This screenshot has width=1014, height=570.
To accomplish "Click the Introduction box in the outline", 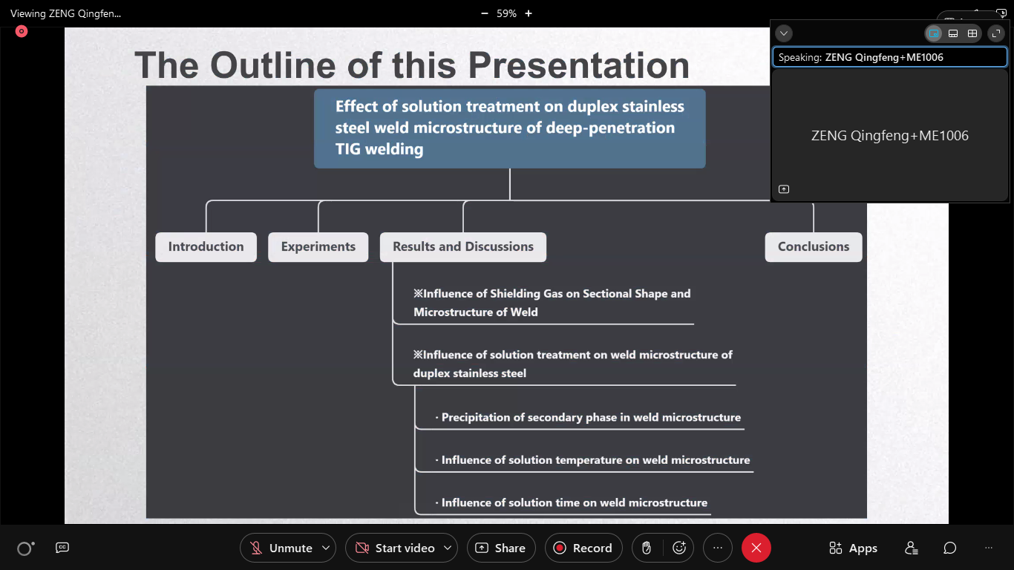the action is pyautogui.click(x=206, y=246).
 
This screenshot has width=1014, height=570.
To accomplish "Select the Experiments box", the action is pyautogui.click(x=318, y=246).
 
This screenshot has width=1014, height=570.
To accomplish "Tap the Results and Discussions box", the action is pyautogui.click(x=463, y=246).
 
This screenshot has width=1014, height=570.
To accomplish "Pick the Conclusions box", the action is pyautogui.click(x=814, y=246).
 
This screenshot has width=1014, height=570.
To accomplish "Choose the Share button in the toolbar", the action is pyautogui.click(x=501, y=548).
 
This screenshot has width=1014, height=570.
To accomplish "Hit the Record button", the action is pyautogui.click(x=583, y=548).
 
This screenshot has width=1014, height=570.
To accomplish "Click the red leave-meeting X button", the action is pyautogui.click(x=756, y=548).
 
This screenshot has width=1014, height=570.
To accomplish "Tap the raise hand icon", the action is pyautogui.click(x=647, y=548).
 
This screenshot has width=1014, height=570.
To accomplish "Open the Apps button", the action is pyautogui.click(x=854, y=548).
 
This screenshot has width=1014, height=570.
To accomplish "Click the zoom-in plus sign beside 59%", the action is pyautogui.click(x=529, y=13).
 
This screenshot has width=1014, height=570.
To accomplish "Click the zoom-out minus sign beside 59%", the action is pyautogui.click(x=485, y=13).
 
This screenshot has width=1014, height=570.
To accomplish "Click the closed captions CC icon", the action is pyautogui.click(x=62, y=548).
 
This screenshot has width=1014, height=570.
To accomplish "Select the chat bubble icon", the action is pyautogui.click(x=949, y=548).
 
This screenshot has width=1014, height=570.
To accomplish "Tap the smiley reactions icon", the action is pyautogui.click(x=679, y=548).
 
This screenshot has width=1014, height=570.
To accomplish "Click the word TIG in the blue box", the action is pyautogui.click(x=348, y=149).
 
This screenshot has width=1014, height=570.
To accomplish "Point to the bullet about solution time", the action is pyautogui.click(x=572, y=502).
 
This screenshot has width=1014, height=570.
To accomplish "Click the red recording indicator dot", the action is pyautogui.click(x=22, y=31).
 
